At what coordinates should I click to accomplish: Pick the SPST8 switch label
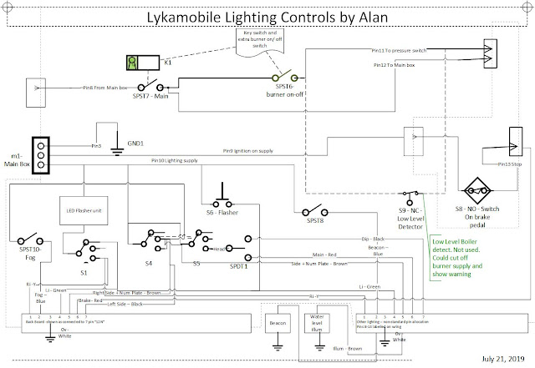pyautogui.click(x=314, y=222)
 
